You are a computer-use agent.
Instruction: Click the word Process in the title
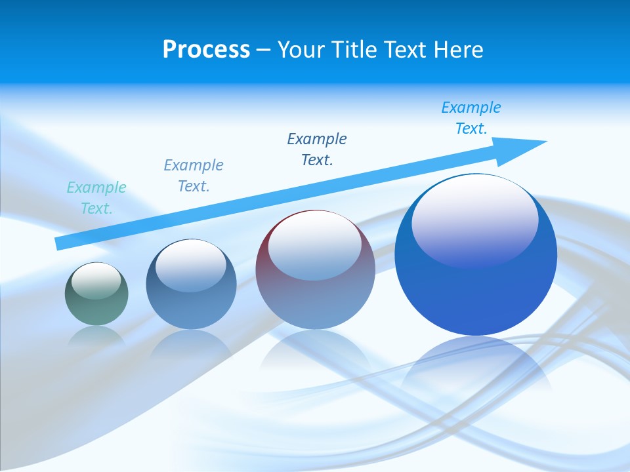(x=206, y=50)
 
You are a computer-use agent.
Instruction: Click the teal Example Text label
(x=96, y=198)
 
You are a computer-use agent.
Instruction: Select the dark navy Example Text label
(x=317, y=149)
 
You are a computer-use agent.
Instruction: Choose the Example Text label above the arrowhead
(x=471, y=117)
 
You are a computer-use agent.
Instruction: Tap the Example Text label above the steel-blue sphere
(x=194, y=175)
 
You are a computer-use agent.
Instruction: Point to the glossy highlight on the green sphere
(x=96, y=281)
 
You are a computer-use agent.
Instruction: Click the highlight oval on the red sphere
(x=315, y=246)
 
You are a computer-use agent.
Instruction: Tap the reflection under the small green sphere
(x=96, y=336)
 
